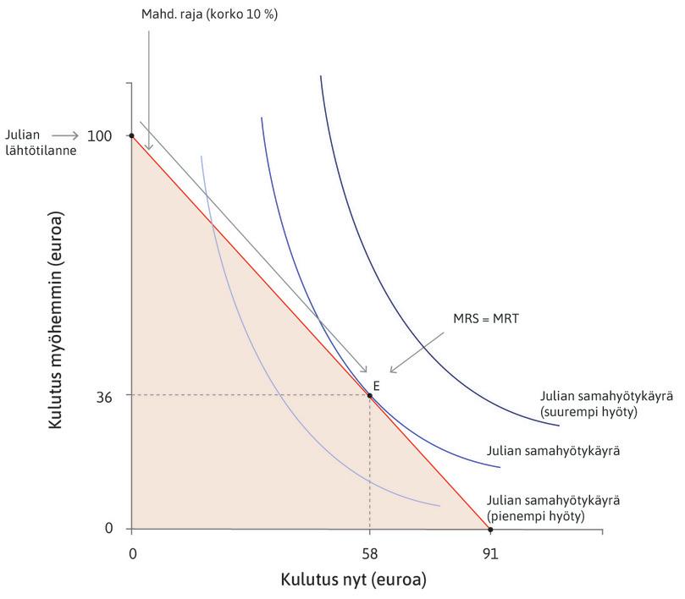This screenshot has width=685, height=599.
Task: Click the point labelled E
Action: point(369,395)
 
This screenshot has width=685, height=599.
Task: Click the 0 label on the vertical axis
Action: point(109,529)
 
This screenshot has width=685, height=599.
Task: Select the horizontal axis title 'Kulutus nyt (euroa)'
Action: point(353,581)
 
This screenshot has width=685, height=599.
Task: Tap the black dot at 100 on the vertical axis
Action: point(131,135)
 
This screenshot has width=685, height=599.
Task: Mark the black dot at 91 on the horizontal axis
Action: point(490,529)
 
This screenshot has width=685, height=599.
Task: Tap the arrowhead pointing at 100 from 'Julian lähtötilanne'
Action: point(77,135)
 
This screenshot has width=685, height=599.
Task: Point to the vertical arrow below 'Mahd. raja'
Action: point(149,93)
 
